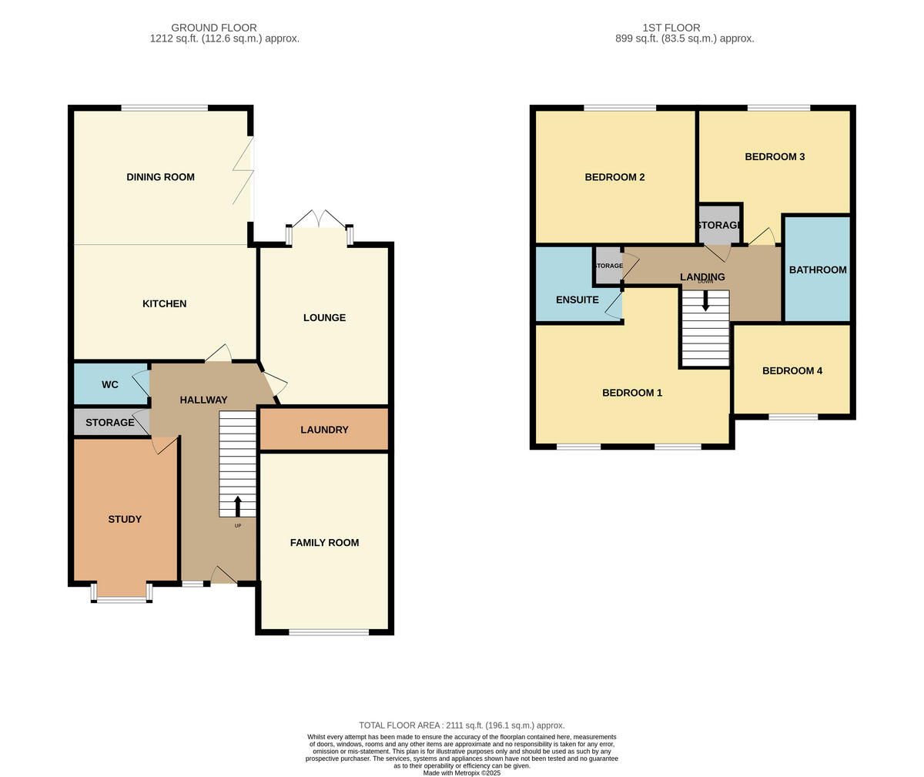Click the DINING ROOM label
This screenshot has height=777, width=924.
coord(160,177)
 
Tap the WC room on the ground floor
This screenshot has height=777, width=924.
coord(110,383)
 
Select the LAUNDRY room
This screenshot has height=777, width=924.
coord(324,430)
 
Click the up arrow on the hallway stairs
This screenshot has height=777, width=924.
coord(237,506)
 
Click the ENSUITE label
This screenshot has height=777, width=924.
coord(577,300)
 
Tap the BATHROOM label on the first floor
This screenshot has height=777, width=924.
coord(817,270)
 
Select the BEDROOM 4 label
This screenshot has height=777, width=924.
coord(792,371)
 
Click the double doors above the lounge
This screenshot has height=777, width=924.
coord(320,219)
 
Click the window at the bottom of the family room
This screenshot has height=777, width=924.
coord(329,633)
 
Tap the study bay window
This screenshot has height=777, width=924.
coord(121,598)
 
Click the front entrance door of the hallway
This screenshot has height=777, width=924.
coord(223,576)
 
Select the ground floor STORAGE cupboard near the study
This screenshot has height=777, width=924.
coord(109,423)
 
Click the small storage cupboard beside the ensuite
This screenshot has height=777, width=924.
coord(608,266)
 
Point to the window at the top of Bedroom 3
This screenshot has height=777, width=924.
coord(778,109)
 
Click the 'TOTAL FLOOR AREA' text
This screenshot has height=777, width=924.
coord(461,725)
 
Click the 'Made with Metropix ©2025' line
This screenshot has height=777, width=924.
coord(461,772)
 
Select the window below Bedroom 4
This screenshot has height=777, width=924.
coord(793,417)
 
